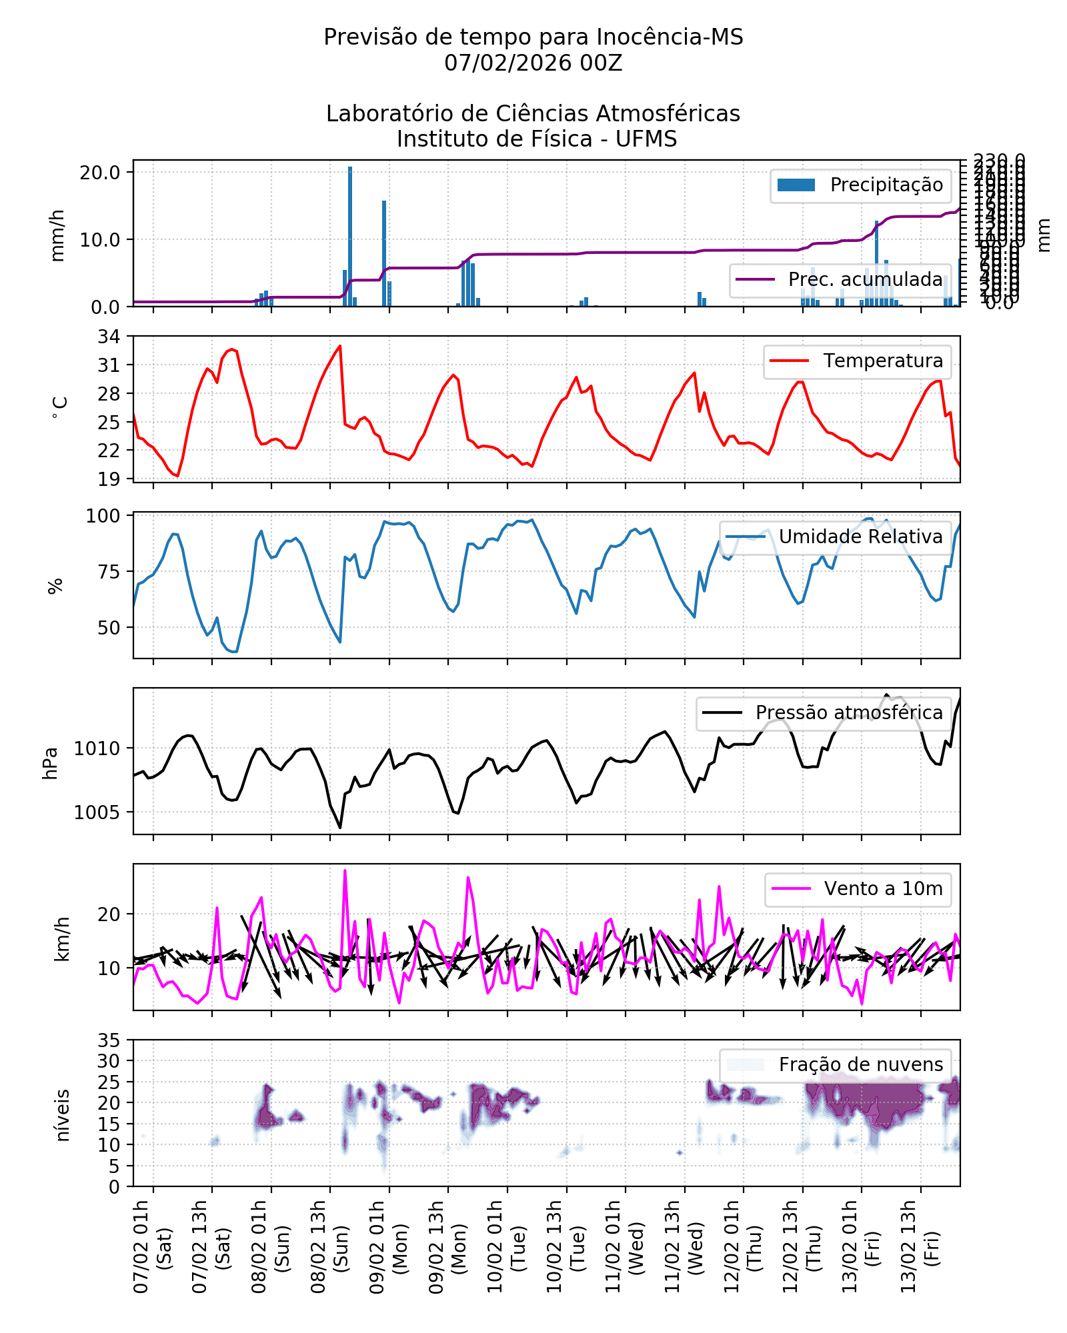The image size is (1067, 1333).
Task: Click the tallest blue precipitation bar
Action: click(x=350, y=237)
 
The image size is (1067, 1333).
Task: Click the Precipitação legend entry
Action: click(x=860, y=185)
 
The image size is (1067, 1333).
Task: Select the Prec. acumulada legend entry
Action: click(x=840, y=280)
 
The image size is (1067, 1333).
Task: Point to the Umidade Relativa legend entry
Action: click(x=835, y=537)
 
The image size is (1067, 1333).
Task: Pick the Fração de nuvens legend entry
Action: click(x=835, y=1065)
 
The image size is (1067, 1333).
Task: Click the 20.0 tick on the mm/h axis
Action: click(x=100, y=173)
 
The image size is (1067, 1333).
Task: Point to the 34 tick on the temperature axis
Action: click(x=109, y=337)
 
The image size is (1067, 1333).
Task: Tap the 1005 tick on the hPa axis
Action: click(x=97, y=812)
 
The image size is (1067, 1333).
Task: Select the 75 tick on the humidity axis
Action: click(x=109, y=572)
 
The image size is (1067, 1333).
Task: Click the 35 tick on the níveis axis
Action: click(x=109, y=1040)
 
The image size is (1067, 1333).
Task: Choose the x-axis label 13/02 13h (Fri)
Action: click(x=920, y=1247)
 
